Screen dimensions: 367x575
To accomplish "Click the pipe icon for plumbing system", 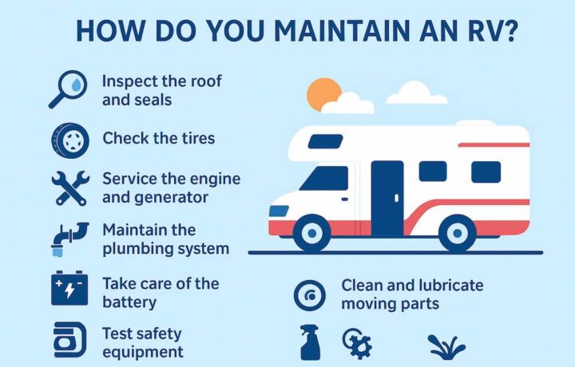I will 70,238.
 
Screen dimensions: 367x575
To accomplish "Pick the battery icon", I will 69,289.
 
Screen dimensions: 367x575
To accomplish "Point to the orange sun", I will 323,96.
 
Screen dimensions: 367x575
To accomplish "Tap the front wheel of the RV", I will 311,233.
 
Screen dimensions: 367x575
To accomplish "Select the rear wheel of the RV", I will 458,233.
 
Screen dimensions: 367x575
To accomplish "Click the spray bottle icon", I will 310,343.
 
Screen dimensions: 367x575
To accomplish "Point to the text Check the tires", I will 159,139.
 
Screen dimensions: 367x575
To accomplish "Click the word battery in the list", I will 129,303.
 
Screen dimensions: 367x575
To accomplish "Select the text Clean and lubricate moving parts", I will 412,294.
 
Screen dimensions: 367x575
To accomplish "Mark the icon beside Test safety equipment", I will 69,340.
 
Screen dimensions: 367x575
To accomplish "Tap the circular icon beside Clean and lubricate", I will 309,295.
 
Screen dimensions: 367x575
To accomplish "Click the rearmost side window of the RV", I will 485,172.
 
